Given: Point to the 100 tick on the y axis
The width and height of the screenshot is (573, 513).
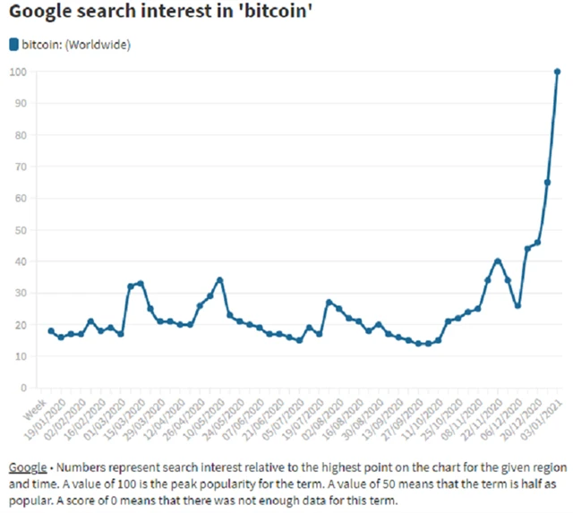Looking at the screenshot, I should pyautogui.click(x=19, y=72).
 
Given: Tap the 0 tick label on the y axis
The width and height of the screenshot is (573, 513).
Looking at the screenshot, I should pyautogui.click(x=24, y=388).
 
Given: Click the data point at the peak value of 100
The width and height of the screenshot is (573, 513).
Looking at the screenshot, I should pyautogui.click(x=557, y=72).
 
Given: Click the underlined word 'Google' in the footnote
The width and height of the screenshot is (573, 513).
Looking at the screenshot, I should pyautogui.click(x=26, y=468).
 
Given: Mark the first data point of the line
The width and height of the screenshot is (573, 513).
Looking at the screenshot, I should pyautogui.click(x=51, y=331).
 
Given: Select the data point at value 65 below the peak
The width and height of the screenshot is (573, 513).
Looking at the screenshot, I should pyautogui.click(x=547, y=183).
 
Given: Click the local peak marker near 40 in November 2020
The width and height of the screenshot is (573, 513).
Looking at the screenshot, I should pyautogui.click(x=498, y=261).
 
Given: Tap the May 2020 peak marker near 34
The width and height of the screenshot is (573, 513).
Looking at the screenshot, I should pyautogui.click(x=219, y=280).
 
